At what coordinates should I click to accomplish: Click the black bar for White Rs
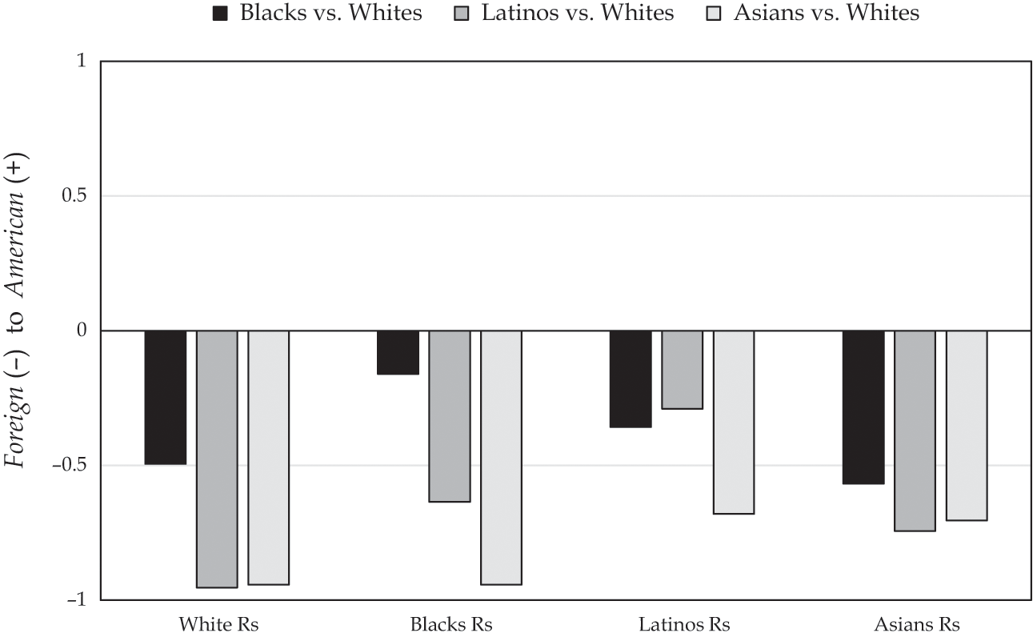click(166, 397)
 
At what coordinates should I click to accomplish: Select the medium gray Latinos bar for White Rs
click(217, 459)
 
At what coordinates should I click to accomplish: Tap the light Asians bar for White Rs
click(268, 457)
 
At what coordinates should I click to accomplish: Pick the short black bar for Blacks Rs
click(398, 352)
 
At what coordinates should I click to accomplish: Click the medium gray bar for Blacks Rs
click(450, 415)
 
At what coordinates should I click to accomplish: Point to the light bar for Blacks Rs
click(501, 457)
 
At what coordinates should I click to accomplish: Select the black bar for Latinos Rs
click(631, 379)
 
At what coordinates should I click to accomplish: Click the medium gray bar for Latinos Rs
click(682, 369)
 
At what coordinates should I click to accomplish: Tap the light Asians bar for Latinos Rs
click(733, 422)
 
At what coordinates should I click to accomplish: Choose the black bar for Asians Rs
click(863, 407)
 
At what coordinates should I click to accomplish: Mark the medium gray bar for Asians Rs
click(915, 431)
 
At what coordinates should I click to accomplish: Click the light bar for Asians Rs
click(967, 425)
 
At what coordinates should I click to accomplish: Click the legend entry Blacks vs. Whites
click(318, 14)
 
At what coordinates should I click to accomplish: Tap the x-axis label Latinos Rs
click(684, 624)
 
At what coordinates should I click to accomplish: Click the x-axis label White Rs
click(218, 624)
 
